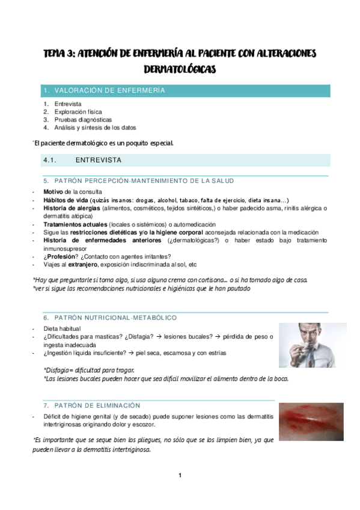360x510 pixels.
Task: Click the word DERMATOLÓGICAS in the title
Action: [x=180, y=70]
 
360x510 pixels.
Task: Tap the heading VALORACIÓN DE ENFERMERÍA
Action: [x=109, y=91]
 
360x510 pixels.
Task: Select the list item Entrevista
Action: [x=67, y=104]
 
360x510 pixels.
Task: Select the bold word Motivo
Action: [x=53, y=192]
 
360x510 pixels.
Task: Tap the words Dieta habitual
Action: [x=61, y=329]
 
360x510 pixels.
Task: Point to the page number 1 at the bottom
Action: [x=180, y=476]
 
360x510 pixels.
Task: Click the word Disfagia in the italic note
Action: [x=59, y=370]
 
